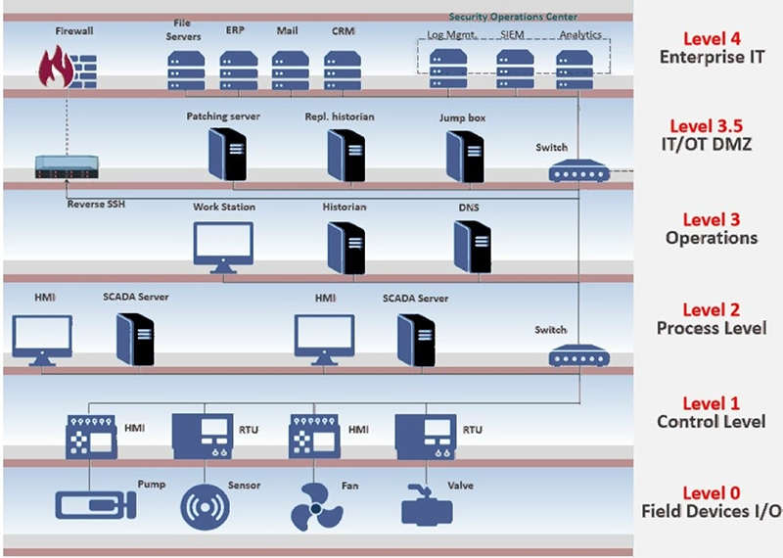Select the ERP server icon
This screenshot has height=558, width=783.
tap(236, 70)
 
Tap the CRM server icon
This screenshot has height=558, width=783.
tap(344, 70)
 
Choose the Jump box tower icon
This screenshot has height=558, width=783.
tap(463, 152)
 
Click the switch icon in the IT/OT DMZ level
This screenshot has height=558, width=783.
tap(577, 171)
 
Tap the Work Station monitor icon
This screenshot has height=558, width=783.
tap(223, 246)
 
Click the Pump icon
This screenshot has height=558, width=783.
tap(89, 506)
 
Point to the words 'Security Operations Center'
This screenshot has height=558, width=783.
tap(513, 17)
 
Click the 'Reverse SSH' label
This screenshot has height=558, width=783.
tap(96, 205)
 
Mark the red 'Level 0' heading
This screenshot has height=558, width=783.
tap(712, 492)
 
